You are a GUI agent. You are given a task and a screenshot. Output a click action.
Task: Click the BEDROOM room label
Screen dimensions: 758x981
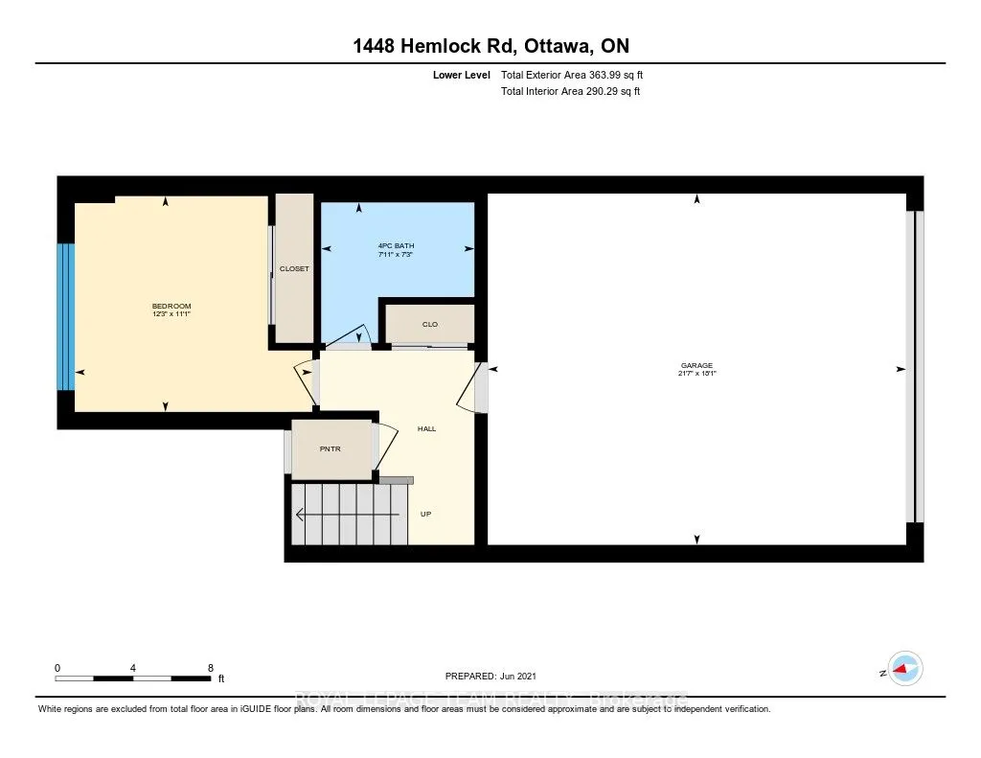[171, 305]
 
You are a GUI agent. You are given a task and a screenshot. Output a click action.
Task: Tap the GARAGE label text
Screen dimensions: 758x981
[696, 365]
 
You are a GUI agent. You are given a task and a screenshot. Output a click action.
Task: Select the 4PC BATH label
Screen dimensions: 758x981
[396, 246]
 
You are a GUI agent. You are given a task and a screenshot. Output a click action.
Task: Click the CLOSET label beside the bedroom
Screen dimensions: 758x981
[294, 269]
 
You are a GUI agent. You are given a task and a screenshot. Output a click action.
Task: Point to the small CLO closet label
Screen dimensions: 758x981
[429, 325]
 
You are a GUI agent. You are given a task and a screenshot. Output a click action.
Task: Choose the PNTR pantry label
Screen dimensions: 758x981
[331, 448]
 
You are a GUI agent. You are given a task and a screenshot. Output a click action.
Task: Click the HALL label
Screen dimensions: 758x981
[426, 428]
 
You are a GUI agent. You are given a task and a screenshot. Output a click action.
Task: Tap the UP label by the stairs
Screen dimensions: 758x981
[426, 515]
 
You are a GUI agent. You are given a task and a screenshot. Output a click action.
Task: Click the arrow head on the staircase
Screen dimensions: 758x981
[300, 515]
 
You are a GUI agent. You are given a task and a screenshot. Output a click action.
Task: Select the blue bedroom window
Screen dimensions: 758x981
[65, 316]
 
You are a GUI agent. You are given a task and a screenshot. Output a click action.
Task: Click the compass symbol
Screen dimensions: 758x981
[904, 669]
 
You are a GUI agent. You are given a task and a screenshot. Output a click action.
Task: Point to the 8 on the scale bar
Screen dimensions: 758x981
[210, 667]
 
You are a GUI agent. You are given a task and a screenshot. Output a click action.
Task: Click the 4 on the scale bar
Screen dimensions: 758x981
[133, 667]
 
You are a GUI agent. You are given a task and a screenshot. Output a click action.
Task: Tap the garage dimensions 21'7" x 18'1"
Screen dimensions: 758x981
[696, 374]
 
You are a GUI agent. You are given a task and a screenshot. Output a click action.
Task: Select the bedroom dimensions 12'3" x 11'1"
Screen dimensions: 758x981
[171, 313]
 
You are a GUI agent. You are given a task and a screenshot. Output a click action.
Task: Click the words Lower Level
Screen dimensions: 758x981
[461, 75]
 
